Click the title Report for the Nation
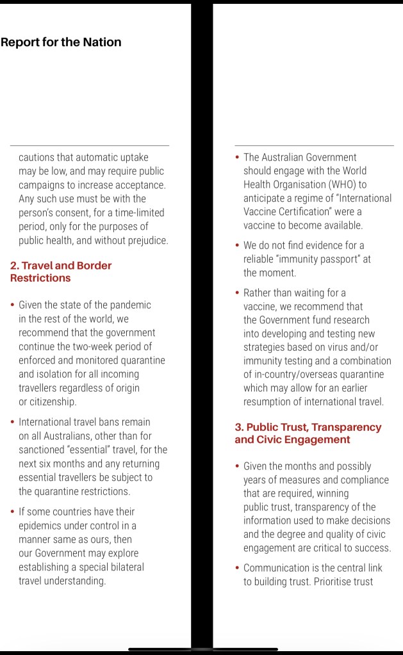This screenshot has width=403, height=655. coord(61,43)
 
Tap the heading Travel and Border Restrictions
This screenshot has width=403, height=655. coord(61,271)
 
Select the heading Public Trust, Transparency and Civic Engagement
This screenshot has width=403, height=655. coord(308,433)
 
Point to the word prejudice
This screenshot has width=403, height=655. coord(146,241)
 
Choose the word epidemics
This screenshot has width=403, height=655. coord(40,526)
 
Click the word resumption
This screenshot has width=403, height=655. coord(269,402)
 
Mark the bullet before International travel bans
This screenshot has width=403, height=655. coord(13,422)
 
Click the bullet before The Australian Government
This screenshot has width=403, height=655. coord(238,157)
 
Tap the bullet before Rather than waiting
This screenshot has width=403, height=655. coord(238,293)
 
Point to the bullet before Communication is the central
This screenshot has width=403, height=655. coord(238,568)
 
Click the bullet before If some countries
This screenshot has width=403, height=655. coord(13,512)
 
